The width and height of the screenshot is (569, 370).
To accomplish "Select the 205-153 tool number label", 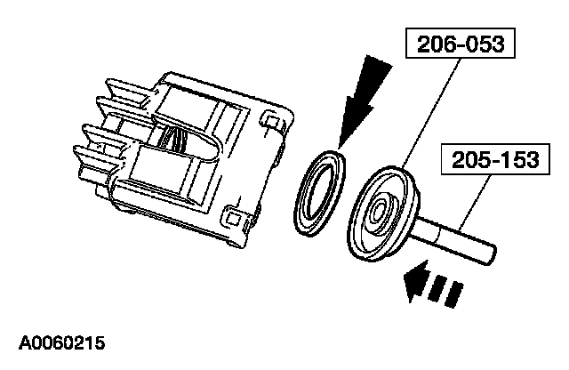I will coord(482,160).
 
